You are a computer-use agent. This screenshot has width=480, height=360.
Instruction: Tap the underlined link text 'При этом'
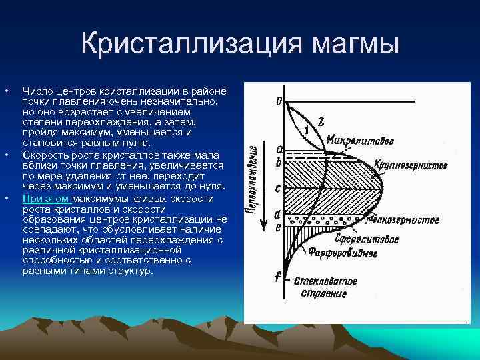(46, 199)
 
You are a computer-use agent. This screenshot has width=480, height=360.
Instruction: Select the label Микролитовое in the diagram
(360, 141)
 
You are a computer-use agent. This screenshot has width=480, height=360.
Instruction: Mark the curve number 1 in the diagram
(305, 129)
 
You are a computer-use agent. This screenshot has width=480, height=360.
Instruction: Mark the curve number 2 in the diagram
(321, 121)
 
